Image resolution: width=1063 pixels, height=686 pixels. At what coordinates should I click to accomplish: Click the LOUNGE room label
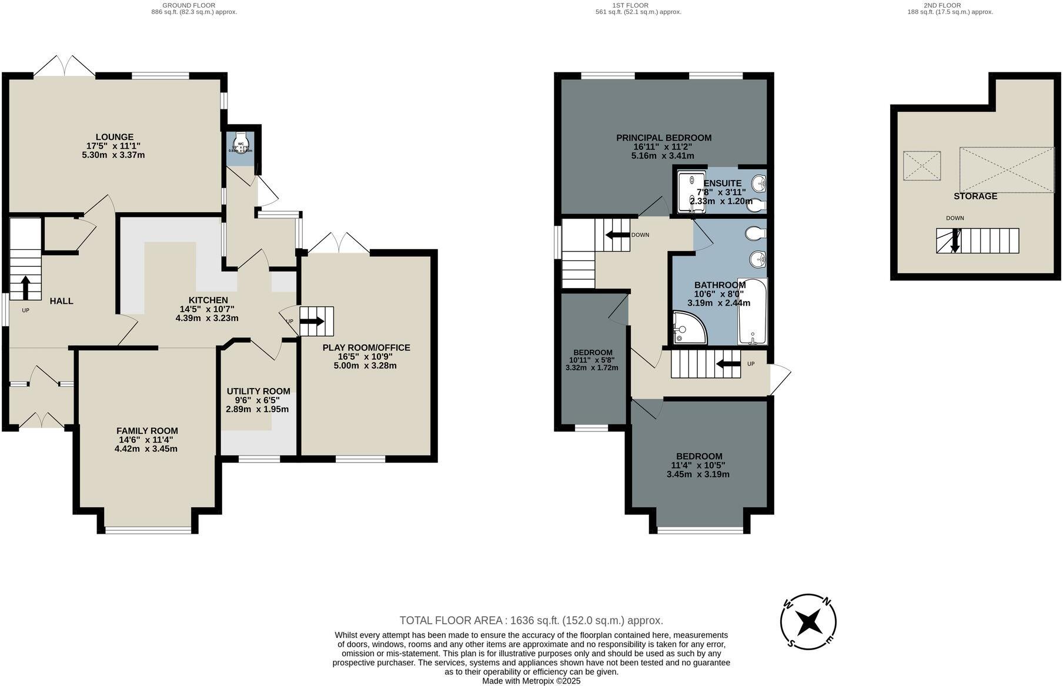[x=115, y=137]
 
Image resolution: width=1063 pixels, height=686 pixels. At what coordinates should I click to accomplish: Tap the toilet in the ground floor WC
[x=241, y=143]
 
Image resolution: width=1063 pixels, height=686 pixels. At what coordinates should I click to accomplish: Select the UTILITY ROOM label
[x=258, y=391]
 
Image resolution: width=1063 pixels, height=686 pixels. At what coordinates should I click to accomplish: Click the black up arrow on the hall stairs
[x=25, y=288]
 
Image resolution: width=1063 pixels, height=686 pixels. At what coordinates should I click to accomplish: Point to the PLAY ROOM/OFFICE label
[x=366, y=347]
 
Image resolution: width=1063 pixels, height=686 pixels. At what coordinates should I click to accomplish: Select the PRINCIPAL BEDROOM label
[x=663, y=138]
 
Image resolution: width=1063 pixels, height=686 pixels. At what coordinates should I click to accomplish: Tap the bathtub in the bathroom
[x=753, y=312]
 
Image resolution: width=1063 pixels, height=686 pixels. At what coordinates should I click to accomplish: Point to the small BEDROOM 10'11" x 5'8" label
[x=593, y=352]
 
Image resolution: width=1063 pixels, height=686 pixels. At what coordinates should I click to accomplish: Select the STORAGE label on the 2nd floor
[x=975, y=196]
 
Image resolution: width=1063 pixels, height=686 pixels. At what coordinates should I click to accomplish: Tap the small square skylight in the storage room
[x=921, y=165]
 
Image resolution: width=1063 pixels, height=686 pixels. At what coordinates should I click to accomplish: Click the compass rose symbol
[x=808, y=621]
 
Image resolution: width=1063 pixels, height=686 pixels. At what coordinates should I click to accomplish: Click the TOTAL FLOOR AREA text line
[x=531, y=620]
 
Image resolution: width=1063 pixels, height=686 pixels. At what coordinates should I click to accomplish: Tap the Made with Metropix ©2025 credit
[x=531, y=681]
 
